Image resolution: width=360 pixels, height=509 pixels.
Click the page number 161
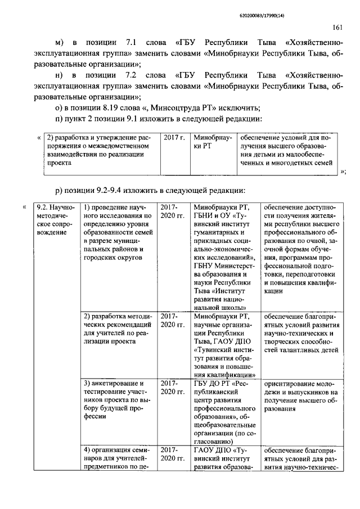click(337, 27)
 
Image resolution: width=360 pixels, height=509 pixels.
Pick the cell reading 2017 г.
click(174, 137)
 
